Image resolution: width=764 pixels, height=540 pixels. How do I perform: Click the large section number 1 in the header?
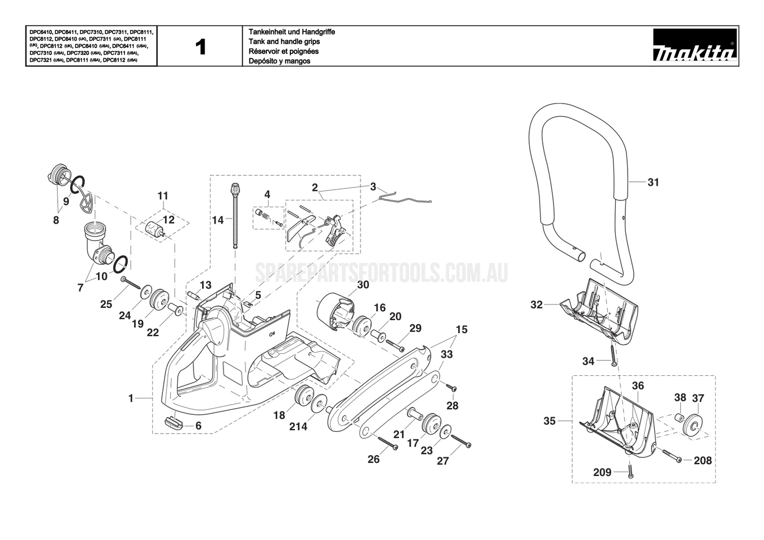coord(200,47)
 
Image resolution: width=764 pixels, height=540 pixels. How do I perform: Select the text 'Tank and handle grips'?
coord(284,41)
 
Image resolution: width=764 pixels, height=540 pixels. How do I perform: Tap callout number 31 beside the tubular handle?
coord(653,182)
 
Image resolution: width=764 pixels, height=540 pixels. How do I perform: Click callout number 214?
coord(298,426)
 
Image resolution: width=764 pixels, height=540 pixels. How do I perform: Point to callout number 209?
coord(602,472)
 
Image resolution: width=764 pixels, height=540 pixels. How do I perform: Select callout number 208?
coord(702,461)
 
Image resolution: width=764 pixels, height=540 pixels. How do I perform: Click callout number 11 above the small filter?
coord(163,196)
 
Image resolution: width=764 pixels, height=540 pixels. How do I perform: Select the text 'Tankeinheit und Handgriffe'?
coord(291,32)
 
